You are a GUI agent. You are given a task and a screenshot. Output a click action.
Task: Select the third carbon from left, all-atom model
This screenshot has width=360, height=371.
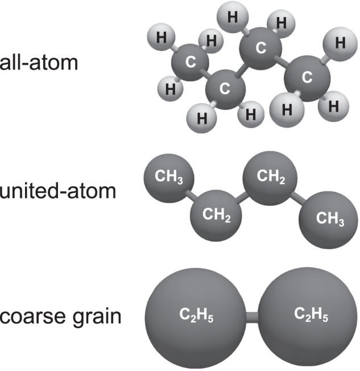click(x=261, y=48)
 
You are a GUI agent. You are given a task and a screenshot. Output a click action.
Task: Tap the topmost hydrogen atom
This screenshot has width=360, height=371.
click(x=232, y=18)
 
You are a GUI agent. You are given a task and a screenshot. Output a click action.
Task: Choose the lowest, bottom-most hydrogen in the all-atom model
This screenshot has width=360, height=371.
click(x=202, y=118)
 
